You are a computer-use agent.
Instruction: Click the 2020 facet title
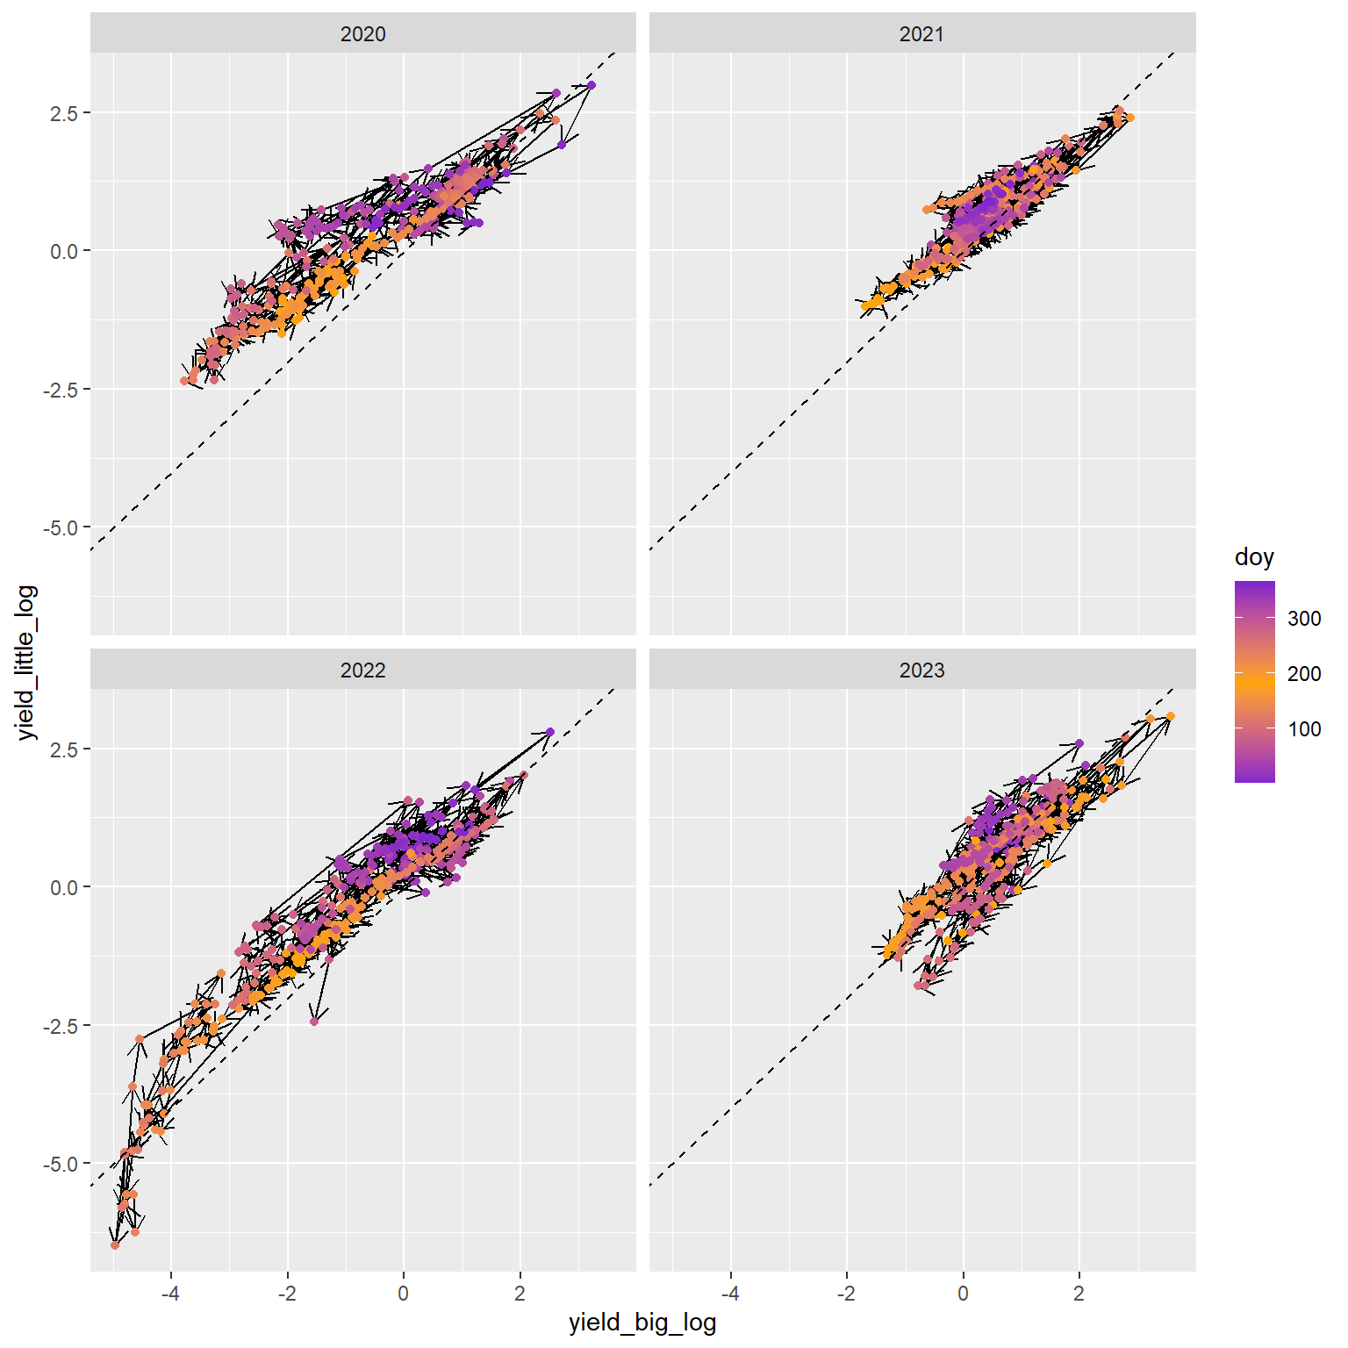pyautogui.click(x=362, y=34)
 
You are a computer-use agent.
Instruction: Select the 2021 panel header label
pyautogui.click(x=921, y=34)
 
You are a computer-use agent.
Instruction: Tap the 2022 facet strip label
pyautogui.click(x=362, y=670)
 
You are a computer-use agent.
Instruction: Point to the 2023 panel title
pyautogui.click(x=921, y=670)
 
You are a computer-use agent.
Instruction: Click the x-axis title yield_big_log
pyautogui.click(x=642, y=1323)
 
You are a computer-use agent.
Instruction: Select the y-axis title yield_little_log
pyautogui.click(x=27, y=662)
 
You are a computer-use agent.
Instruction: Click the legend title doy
pyautogui.click(x=1253, y=557)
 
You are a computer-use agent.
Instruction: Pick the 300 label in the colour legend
pyautogui.click(x=1304, y=618)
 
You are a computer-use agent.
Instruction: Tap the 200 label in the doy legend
pyautogui.click(x=1304, y=673)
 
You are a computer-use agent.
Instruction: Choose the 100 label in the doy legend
pyautogui.click(x=1304, y=728)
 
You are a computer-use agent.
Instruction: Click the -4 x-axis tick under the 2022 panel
pyautogui.click(x=170, y=1293)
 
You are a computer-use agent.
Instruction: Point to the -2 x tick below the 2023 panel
pyautogui.click(x=846, y=1293)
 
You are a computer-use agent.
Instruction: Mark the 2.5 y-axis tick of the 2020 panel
pyautogui.click(x=64, y=113)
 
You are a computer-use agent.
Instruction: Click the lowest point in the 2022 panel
pyautogui.click(x=115, y=1245)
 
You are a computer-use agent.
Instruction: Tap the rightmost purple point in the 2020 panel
pyautogui.click(x=592, y=85)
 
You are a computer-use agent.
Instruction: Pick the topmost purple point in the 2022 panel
pyautogui.click(x=550, y=732)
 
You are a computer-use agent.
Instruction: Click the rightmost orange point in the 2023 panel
pyautogui.click(x=1171, y=716)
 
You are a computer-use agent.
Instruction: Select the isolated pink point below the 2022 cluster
pyautogui.click(x=314, y=1022)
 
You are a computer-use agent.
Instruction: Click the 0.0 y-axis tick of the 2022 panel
pyautogui.click(x=64, y=887)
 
